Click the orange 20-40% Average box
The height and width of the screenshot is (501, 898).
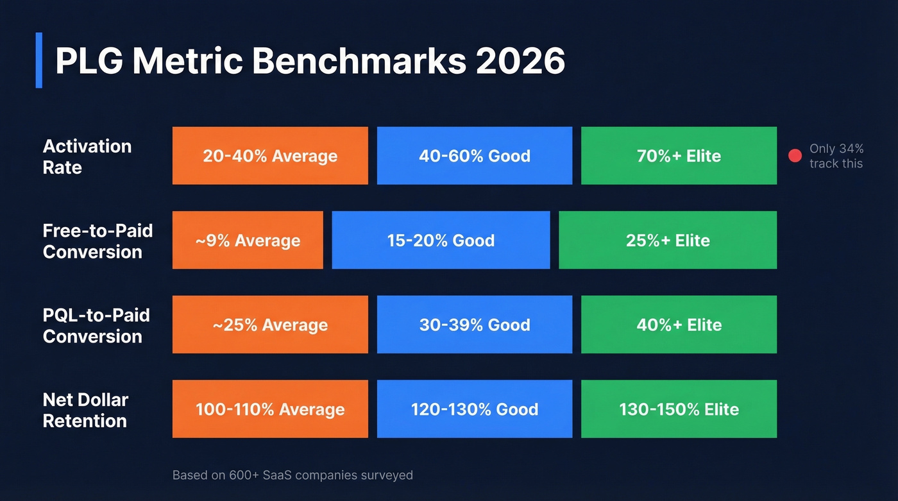(270, 156)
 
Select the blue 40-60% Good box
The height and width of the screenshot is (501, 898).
(475, 156)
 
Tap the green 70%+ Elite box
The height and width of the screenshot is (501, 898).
(679, 156)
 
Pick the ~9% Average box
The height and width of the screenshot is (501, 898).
(248, 241)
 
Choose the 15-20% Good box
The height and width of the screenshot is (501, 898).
(441, 241)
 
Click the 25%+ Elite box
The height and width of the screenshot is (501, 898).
(668, 241)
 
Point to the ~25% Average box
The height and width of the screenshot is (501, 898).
(270, 325)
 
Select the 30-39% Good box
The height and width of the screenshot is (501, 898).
(475, 325)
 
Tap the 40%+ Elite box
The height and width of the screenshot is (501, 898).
(679, 325)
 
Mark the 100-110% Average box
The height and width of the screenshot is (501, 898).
(270, 409)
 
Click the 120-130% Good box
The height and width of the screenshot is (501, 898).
(475, 409)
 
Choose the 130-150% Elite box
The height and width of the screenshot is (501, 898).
(679, 409)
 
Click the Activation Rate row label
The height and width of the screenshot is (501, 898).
(87, 157)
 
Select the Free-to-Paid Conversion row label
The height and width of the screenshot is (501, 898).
(97, 241)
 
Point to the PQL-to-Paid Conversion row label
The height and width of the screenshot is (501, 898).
(96, 325)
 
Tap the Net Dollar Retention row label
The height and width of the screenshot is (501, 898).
(85, 410)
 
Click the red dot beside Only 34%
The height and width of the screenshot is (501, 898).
(795, 156)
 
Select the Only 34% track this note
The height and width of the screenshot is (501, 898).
(836, 156)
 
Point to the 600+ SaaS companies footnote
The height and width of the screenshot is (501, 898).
(292, 475)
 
